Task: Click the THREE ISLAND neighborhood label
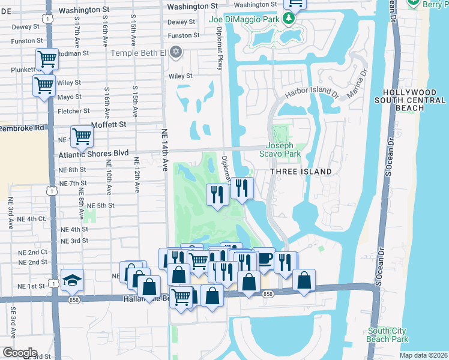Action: point(301,172)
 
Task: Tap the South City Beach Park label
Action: point(388,335)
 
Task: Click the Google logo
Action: point(19,353)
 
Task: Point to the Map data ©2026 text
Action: point(424,355)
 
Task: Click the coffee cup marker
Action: point(264,259)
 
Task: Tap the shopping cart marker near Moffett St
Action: point(82,136)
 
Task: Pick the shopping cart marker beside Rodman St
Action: point(47,59)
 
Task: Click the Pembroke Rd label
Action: point(22,128)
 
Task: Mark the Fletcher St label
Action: point(73,111)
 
